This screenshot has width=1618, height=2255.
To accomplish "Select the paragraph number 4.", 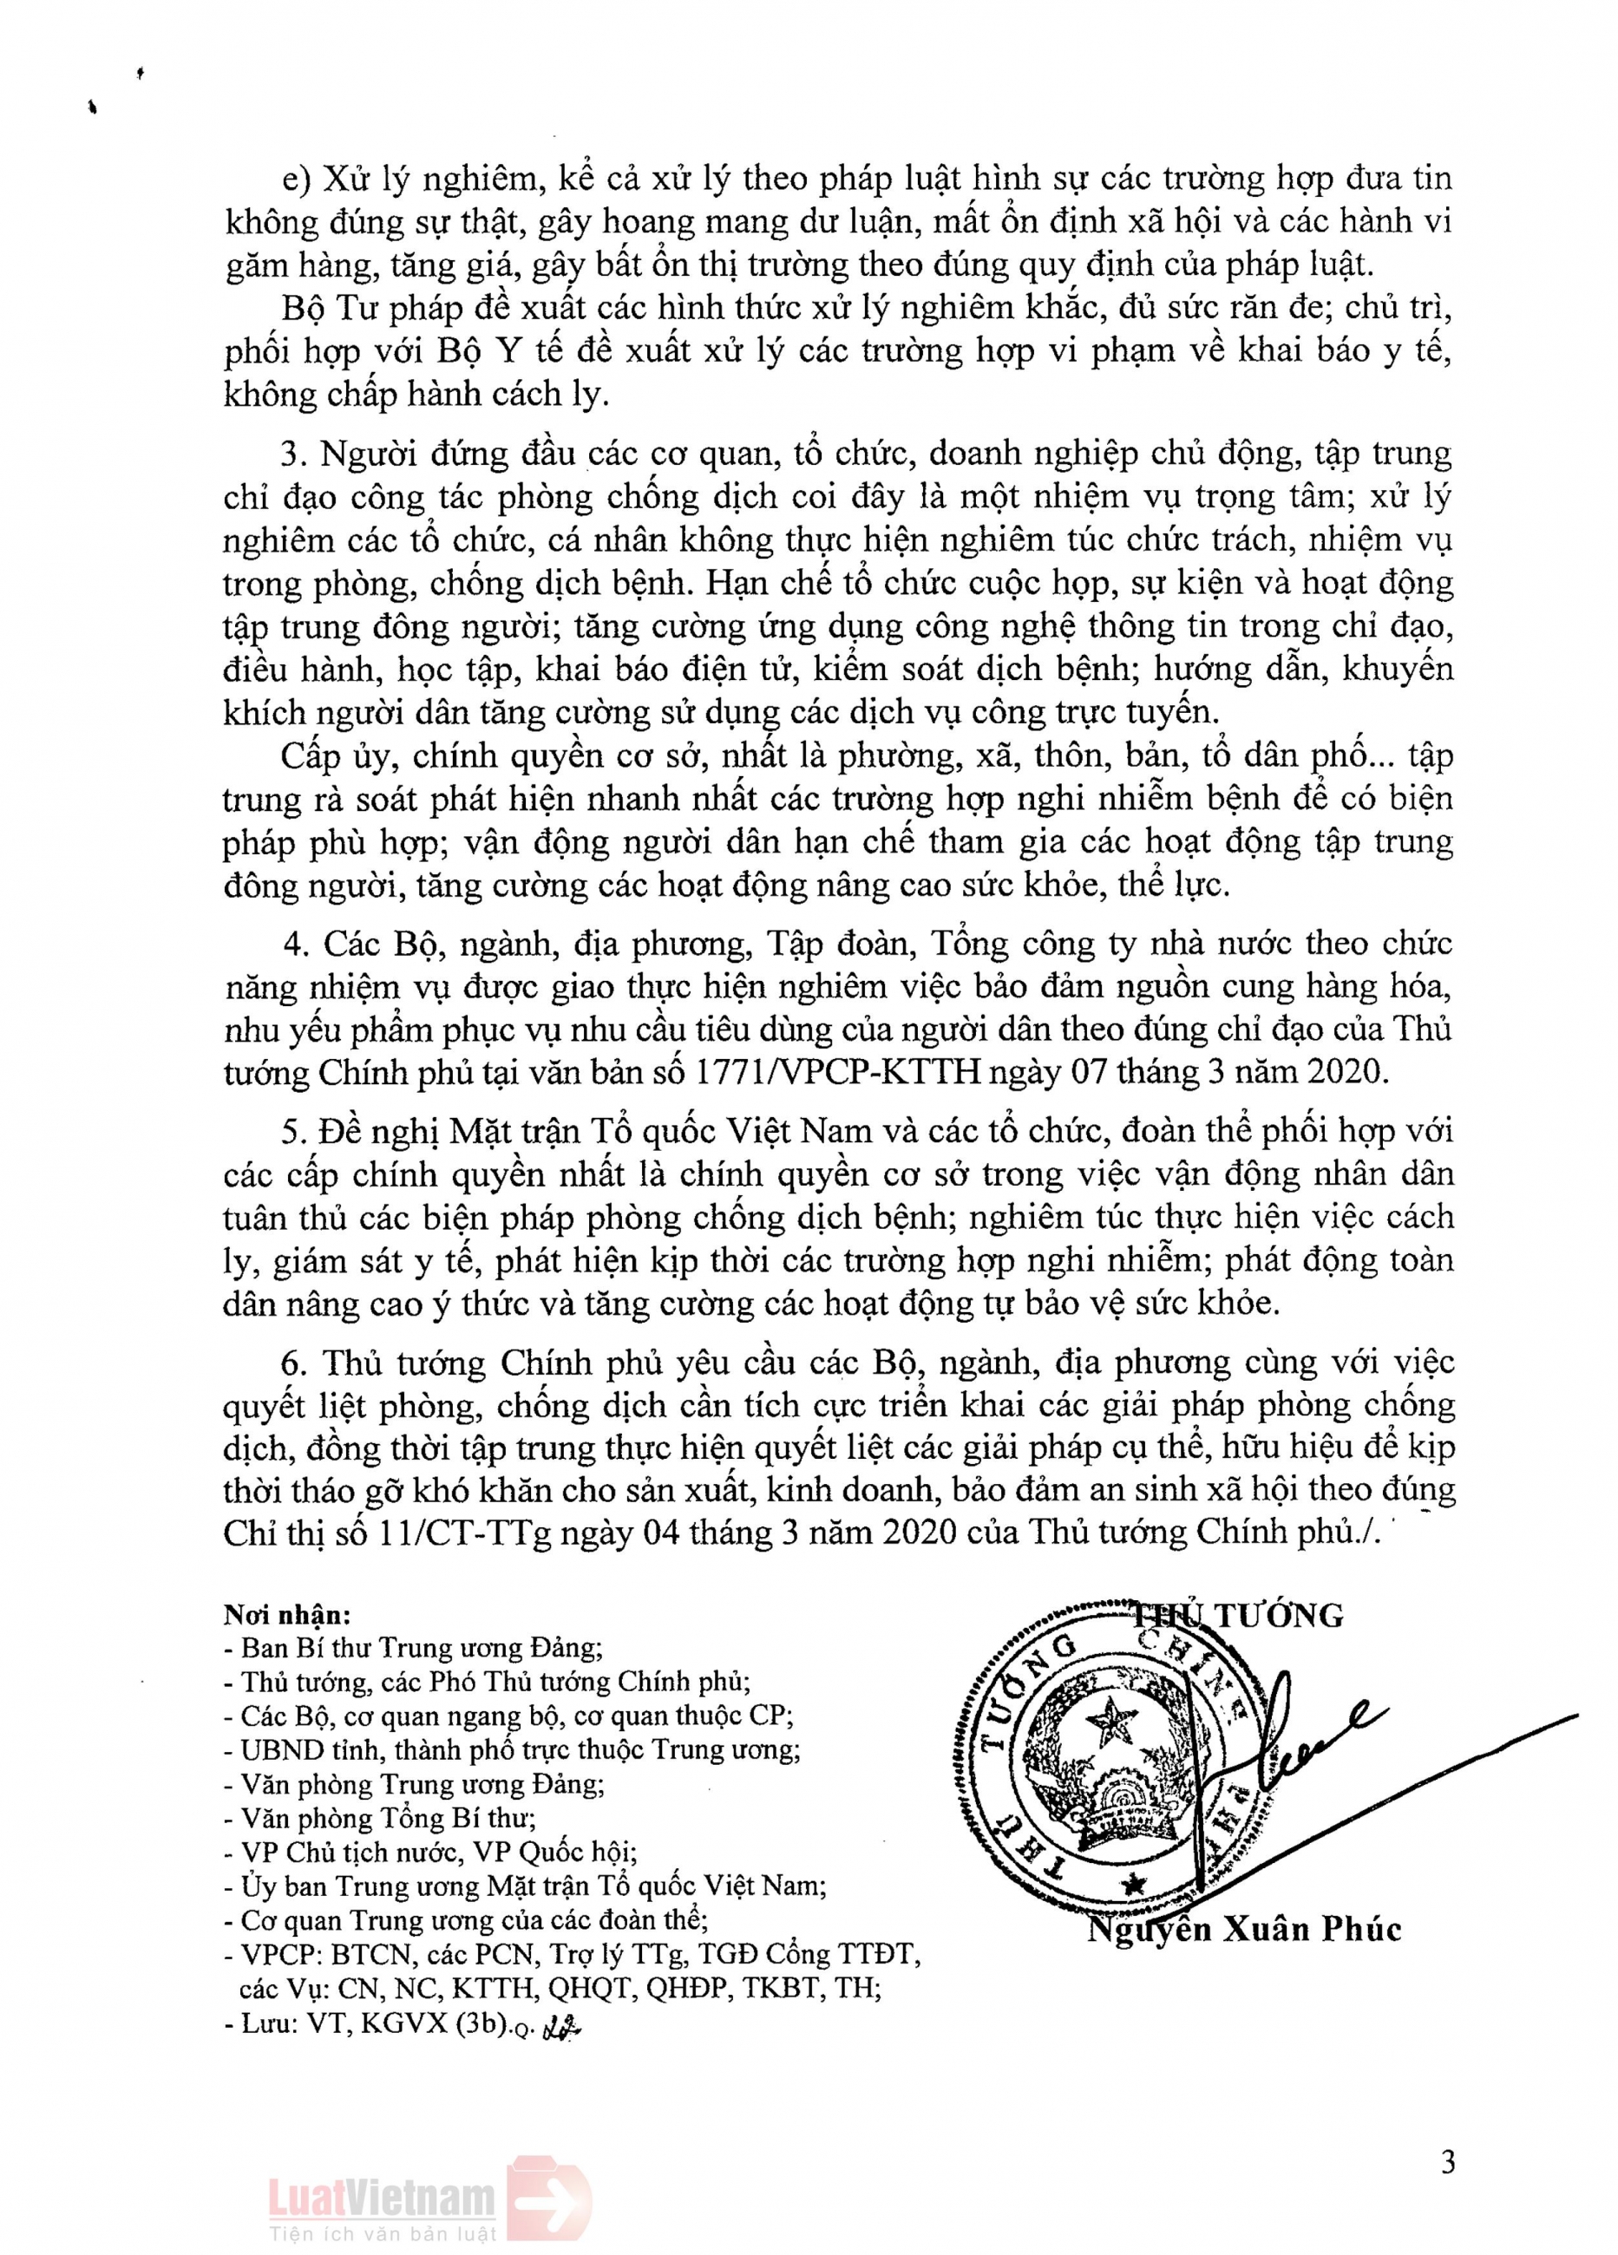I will coord(291,942).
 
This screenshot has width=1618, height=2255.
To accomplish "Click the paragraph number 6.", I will coord(291,1361).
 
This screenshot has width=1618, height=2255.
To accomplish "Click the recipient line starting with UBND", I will coord(513,1748).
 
